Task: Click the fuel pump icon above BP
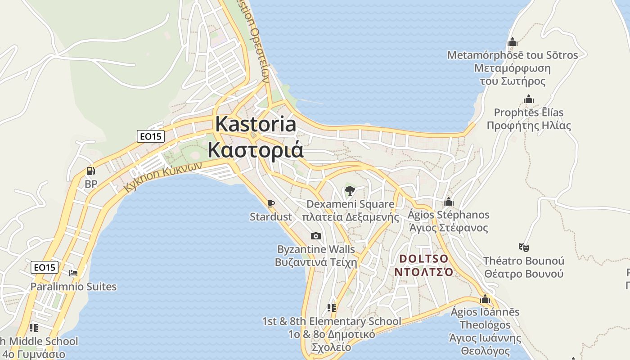click(90, 171)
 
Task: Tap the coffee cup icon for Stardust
click(271, 203)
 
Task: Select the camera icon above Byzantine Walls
click(316, 236)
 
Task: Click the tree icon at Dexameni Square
click(350, 191)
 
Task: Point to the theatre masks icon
click(523, 247)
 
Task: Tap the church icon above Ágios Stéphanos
click(448, 202)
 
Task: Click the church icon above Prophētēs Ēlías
click(529, 99)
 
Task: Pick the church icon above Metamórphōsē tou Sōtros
click(512, 42)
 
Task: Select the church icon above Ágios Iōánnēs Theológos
click(485, 299)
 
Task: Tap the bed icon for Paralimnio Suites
click(73, 273)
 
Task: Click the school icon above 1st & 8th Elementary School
click(332, 308)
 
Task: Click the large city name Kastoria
click(256, 124)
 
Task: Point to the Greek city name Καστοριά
click(256, 150)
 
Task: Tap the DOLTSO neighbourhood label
click(423, 259)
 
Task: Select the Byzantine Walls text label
click(316, 249)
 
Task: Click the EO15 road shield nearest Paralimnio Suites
click(45, 267)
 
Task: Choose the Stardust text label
click(271, 217)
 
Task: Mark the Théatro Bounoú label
click(523, 261)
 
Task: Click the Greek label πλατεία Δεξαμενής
click(350, 217)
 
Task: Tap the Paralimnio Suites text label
click(73, 287)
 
